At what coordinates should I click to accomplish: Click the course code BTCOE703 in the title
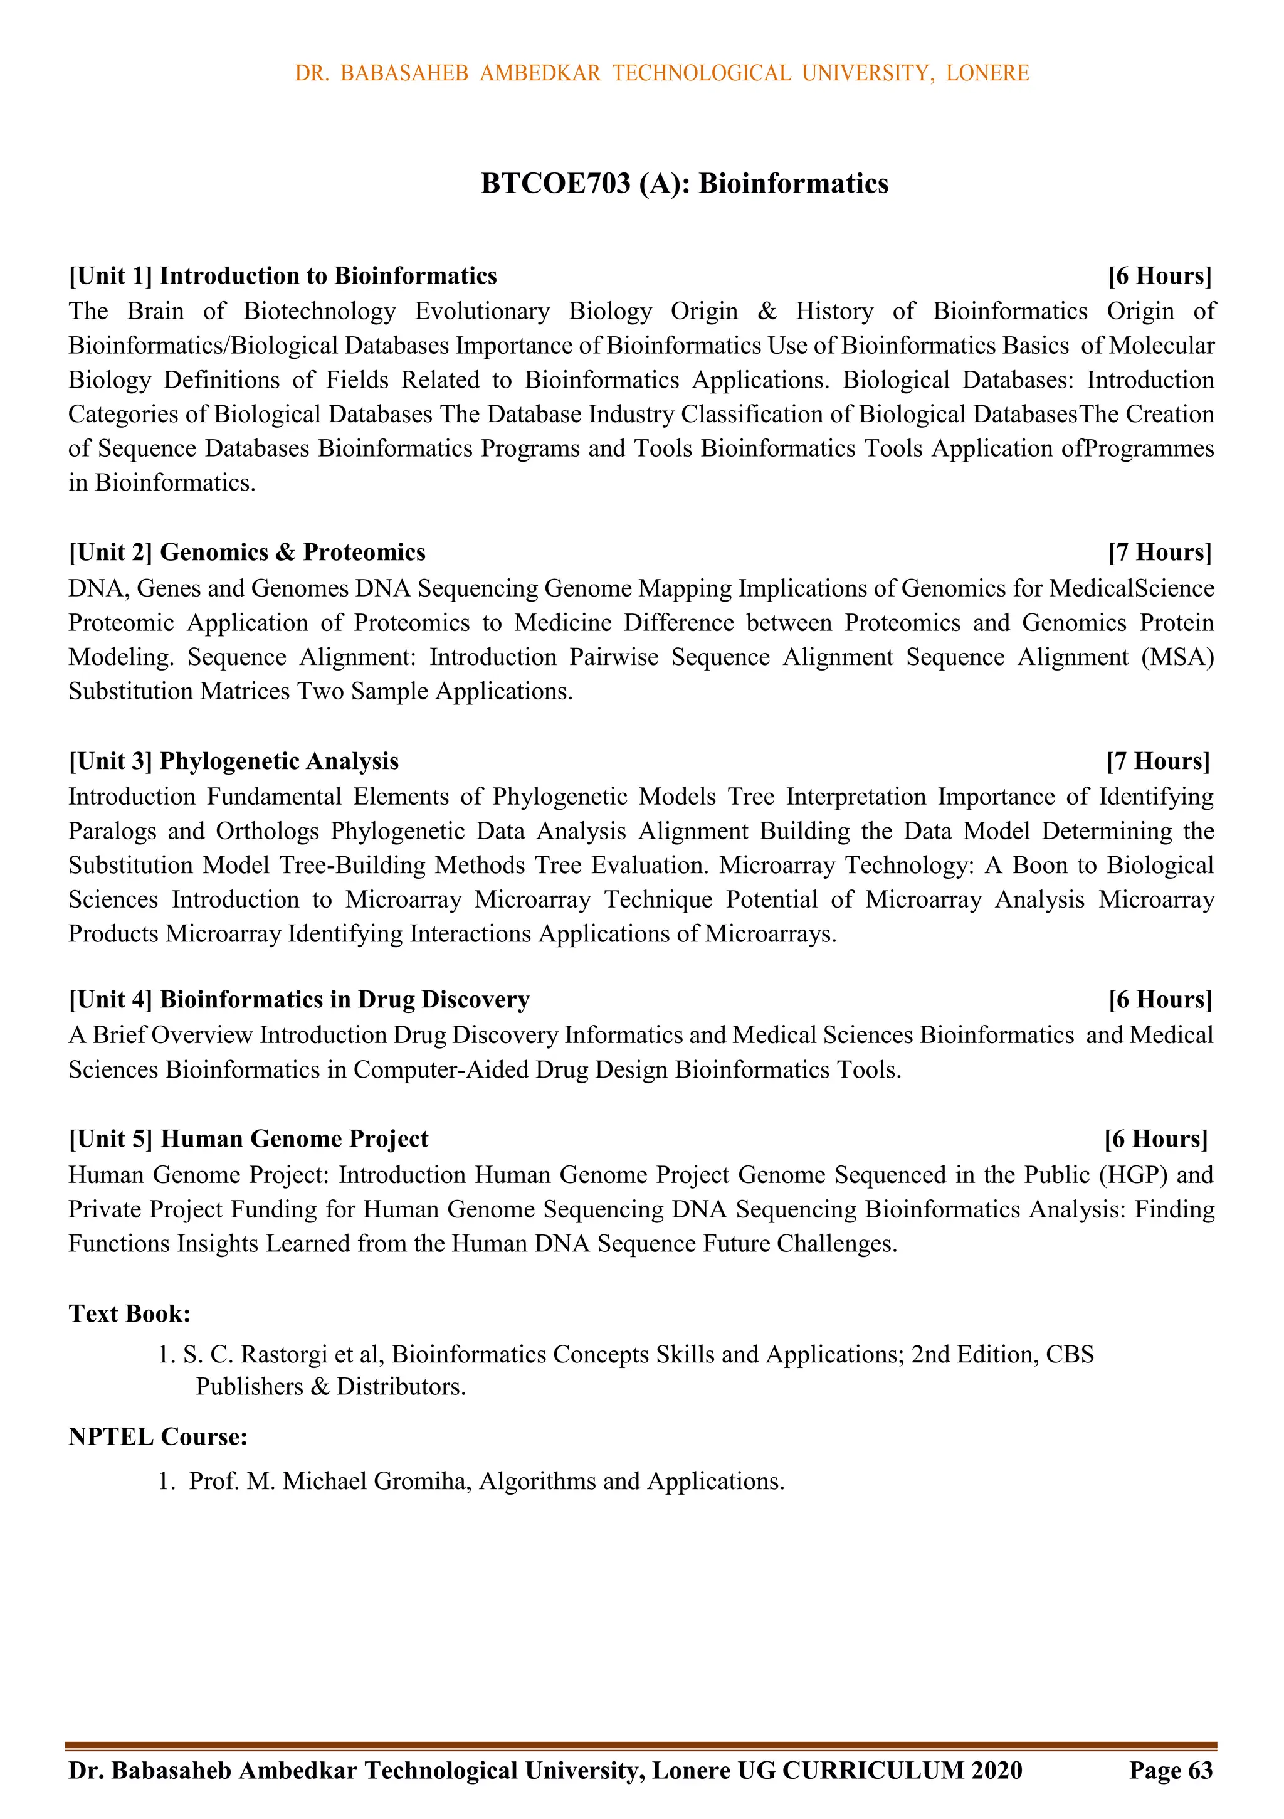point(555,184)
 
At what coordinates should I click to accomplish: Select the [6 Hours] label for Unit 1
point(1160,276)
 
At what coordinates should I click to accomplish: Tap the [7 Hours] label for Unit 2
point(1160,552)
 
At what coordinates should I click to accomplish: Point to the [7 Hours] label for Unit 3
point(1158,761)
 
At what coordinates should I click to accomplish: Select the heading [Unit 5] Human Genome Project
point(248,1139)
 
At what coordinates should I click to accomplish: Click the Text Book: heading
point(129,1313)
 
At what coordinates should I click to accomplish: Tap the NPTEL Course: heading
point(157,1436)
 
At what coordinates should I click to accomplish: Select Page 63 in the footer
point(1171,1770)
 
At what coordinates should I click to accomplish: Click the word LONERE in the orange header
point(987,73)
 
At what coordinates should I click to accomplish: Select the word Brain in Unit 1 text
point(155,311)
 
